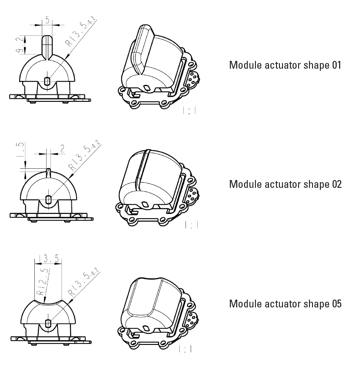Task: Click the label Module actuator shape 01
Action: [285, 65]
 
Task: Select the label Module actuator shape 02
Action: [285, 184]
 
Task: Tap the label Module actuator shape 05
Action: [285, 304]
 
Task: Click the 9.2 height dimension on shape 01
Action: [20, 44]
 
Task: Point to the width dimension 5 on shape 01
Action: [47, 20]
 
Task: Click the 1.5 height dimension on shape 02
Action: [20, 149]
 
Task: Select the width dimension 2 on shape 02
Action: [62, 149]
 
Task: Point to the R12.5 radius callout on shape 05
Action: [43, 282]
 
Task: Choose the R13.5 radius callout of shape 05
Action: [84, 284]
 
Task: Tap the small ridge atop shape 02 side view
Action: [48, 173]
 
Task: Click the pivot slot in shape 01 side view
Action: [47, 81]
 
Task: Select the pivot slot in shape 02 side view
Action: [48, 200]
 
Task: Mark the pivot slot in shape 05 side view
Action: [48, 323]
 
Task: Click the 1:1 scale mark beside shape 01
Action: [189, 110]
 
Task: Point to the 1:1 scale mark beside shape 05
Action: [185, 349]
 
